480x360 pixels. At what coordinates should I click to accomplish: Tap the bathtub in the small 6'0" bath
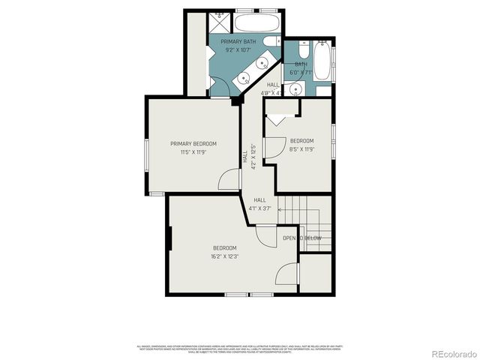click(x=323, y=59)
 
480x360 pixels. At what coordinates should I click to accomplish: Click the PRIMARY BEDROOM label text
click(x=193, y=143)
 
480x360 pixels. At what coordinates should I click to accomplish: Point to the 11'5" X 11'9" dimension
click(x=193, y=152)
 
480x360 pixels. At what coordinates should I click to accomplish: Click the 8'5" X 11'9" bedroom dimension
click(x=301, y=149)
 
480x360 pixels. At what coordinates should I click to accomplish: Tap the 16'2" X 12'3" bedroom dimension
click(x=224, y=256)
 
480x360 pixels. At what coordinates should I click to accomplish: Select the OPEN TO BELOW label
click(x=302, y=238)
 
